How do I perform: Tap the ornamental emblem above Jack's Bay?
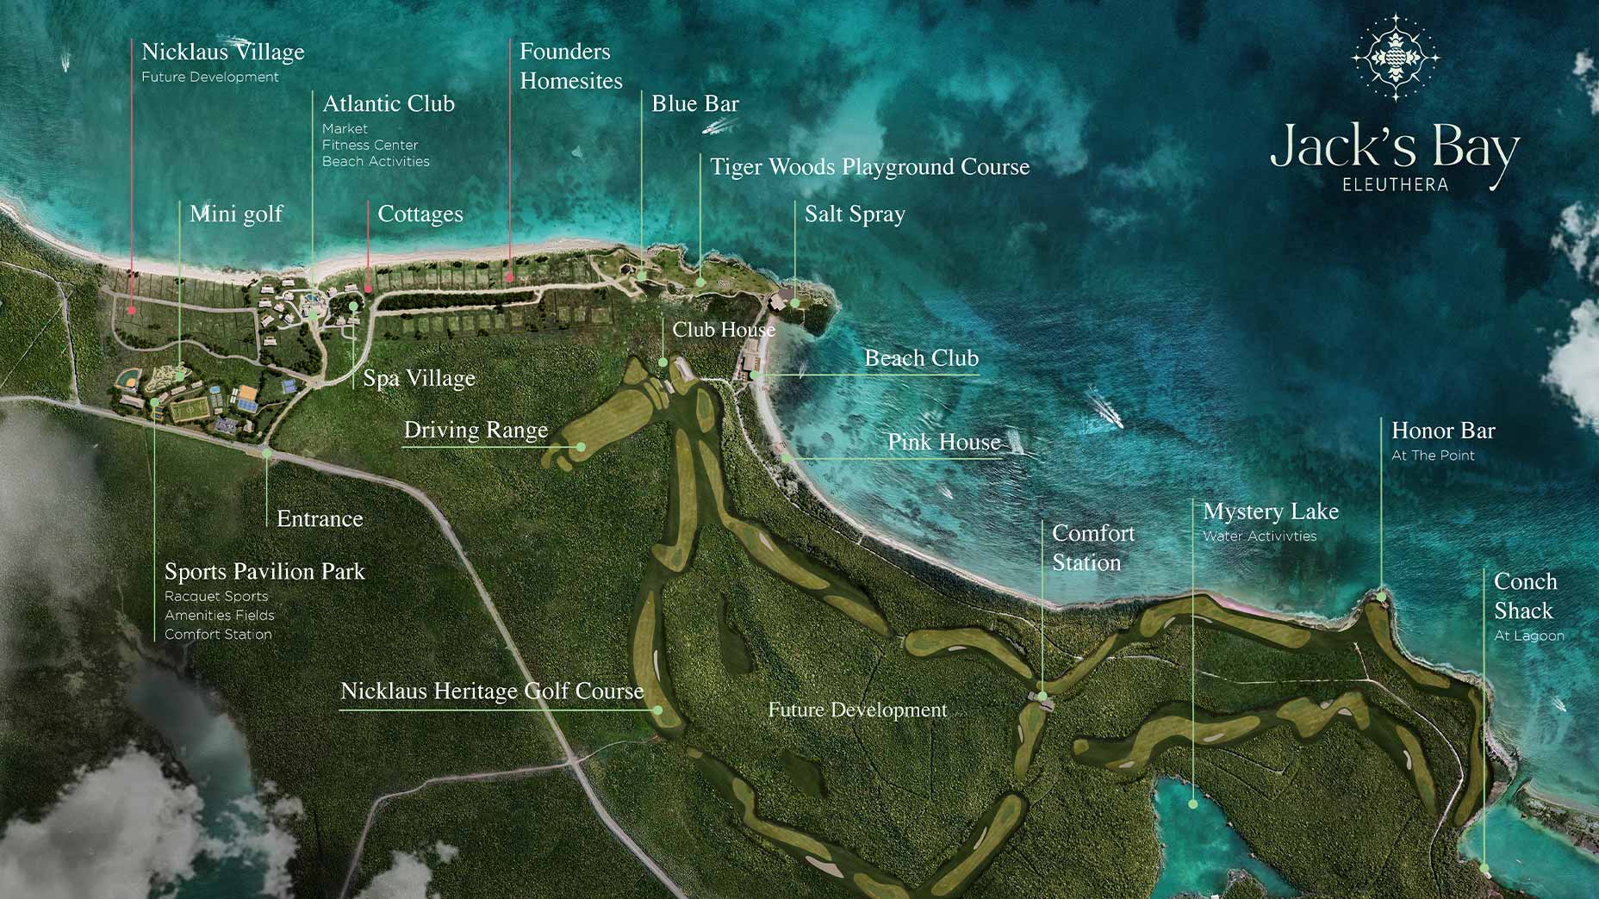(1395, 58)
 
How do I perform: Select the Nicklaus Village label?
(222, 52)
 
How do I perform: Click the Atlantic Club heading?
(388, 103)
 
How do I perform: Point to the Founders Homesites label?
(569, 65)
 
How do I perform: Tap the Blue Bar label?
(694, 103)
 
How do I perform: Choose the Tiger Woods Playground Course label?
(869, 166)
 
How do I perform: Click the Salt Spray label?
(854, 214)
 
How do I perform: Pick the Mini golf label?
(235, 214)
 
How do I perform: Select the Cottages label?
(420, 214)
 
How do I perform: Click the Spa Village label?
(419, 378)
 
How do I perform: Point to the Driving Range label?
(475, 430)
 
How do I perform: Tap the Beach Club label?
(921, 358)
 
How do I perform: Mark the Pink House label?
(943, 442)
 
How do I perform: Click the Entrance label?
(320, 518)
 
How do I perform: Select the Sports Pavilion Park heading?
(264, 571)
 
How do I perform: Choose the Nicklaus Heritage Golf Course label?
(492, 691)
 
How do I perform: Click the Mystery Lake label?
(1270, 512)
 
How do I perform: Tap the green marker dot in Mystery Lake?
(1193, 804)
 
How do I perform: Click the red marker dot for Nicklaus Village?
(132, 311)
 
